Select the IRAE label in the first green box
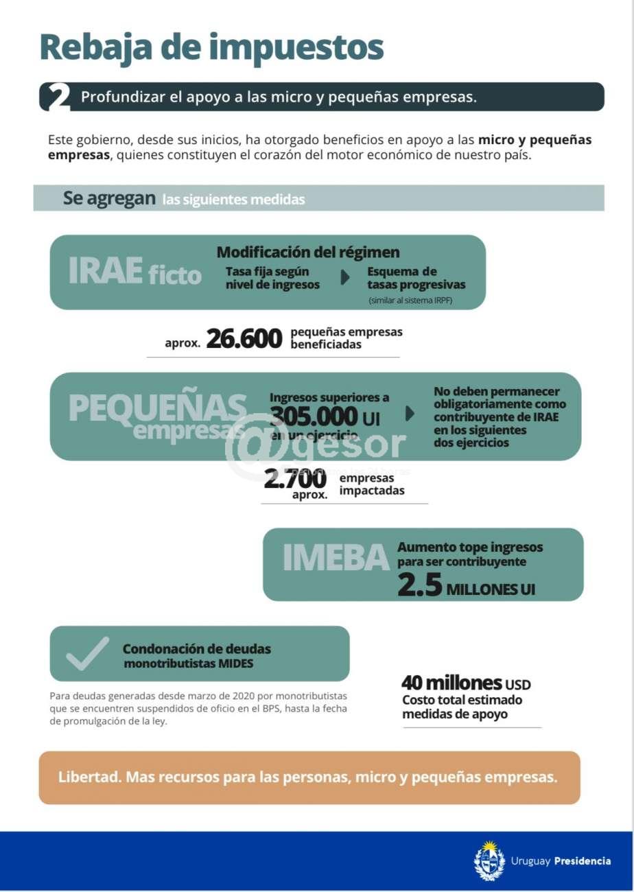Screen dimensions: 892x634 [106, 271]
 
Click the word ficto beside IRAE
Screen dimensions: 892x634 [174, 275]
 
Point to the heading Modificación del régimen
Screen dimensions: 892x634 [308, 253]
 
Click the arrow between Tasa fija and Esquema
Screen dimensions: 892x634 [345, 277]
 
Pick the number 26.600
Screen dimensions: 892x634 [244, 338]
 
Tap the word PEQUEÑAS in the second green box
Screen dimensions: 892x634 [157, 409]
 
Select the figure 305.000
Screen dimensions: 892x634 [314, 416]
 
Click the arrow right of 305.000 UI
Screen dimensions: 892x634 [410, 414]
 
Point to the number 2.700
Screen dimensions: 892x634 [295, 480]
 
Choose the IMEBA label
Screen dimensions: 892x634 [336, 558]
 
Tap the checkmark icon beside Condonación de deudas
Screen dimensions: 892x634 [87, 653]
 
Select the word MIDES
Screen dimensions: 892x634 [236, 664]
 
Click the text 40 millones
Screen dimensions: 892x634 [451, 683]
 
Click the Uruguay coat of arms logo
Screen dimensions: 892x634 [489, 860]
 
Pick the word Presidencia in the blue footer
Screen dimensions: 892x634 [582, 861]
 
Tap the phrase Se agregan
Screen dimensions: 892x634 [109, 198]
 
